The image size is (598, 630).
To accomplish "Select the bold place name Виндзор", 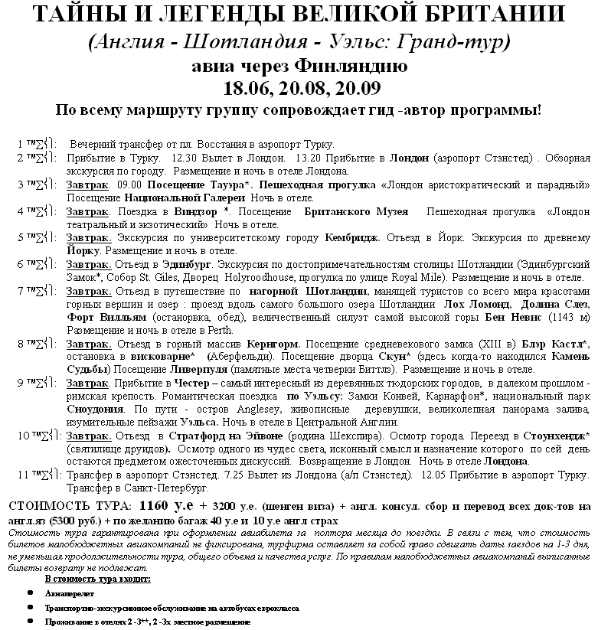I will (x=198, y=211).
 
